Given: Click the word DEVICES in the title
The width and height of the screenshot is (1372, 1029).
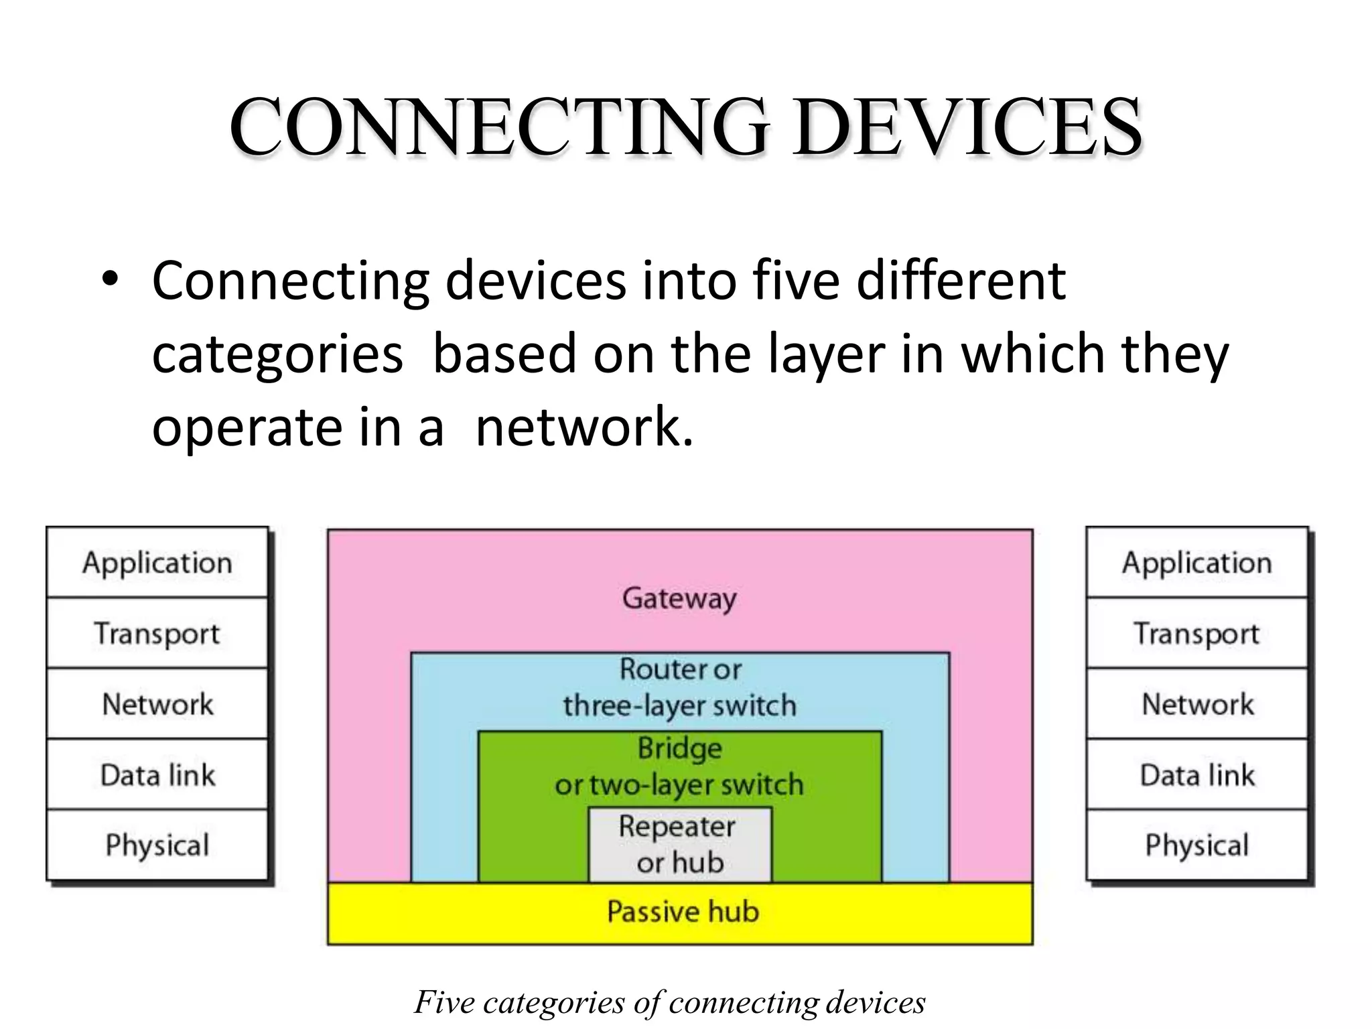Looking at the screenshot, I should tap(967, 127).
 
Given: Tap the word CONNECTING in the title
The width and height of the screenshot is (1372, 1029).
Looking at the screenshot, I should tap(498, 127).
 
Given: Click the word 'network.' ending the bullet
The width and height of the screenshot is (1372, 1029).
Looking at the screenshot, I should tap(584, 427).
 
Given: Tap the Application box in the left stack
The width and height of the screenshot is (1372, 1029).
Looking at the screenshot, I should tap(157, 563).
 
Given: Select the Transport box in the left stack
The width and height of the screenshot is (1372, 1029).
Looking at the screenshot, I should tap(157, 633).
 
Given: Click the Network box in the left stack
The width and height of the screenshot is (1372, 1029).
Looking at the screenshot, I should tap(157, 704).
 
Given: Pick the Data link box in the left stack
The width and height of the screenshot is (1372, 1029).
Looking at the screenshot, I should tap(157, 775).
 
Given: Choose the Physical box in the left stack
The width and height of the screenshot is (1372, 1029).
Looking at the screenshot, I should tap(157, 845).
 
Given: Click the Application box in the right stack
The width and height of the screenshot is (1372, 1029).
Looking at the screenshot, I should tap(1197, 563).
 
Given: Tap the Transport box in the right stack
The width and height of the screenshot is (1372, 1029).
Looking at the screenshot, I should tap(1197, 633).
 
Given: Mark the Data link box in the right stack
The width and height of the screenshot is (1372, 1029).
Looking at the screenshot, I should tap(1197, 775).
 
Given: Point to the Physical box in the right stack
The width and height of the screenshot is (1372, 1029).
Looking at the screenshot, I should tap(1197, 845).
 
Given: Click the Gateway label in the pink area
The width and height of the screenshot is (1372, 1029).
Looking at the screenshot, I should tap(679, 598).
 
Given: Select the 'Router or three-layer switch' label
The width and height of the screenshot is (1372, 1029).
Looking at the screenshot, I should tap(679, 687).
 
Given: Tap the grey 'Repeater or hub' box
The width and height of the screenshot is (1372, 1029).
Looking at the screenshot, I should tap(680, 845).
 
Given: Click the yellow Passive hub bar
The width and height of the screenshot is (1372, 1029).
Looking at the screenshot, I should tap(681, 913).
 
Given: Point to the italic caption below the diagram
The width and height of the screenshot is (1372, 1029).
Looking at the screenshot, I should tap(670, 1002).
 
